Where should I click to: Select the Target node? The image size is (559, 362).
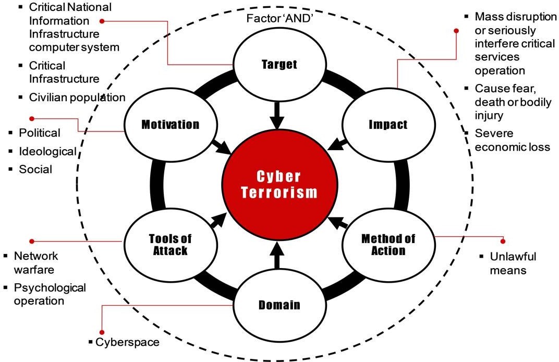pos(278,64)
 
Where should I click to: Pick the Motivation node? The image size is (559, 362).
pos(170,125)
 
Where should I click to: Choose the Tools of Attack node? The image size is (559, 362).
pos(170,244)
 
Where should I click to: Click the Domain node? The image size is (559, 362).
pos(279,305)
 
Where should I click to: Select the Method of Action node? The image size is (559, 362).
pos(388,244)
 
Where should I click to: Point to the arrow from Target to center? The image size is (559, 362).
pos(277,116)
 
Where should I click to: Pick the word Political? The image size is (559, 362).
pos(40,133)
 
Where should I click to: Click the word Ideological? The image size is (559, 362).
pos(47,151)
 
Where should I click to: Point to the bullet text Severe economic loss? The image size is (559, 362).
pos(512,140)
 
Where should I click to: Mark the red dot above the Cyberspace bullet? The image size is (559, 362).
pos(101,331)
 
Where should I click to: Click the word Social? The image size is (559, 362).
pos(35,170)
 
